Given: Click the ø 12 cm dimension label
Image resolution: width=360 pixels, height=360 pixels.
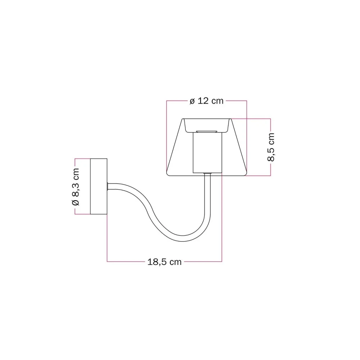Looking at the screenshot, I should coord(207,101).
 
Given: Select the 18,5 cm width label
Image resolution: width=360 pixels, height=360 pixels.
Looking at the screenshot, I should coord(164,262).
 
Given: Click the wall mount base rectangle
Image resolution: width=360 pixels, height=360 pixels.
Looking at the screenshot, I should coord(98,186).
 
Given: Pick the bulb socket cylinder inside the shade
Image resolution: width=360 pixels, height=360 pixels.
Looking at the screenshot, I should coord(207,152).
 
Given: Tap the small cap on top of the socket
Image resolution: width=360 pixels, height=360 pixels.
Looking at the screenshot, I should coord(207,130).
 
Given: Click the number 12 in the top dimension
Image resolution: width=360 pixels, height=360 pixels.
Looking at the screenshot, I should coord(203,101).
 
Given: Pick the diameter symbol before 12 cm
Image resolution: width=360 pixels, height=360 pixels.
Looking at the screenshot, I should coord(192,102).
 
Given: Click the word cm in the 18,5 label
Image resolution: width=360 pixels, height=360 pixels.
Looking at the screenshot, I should coord(175,262).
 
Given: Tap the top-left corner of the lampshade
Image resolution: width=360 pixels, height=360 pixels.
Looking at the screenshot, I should coord(182,119).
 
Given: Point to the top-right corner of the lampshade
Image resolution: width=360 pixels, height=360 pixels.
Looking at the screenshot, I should coord(231,119).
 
